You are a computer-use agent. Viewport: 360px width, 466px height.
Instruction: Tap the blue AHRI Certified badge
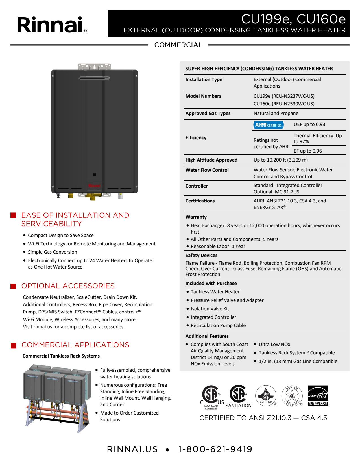268,125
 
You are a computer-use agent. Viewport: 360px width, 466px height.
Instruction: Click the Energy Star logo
318,396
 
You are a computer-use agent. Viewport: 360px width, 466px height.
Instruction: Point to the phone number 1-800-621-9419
215,449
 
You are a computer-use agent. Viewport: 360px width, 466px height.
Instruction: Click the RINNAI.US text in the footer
132,449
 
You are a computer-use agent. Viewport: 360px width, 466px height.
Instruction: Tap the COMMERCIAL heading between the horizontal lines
178,45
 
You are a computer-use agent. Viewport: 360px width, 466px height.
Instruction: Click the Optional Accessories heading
68,286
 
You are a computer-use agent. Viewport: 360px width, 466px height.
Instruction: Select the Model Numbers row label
203,96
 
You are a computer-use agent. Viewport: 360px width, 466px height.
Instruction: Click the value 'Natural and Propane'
276,113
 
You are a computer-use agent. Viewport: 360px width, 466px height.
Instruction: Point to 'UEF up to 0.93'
309,124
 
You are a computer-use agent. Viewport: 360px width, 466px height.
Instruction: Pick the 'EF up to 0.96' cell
308,151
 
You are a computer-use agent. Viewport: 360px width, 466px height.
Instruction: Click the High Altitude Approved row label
211,160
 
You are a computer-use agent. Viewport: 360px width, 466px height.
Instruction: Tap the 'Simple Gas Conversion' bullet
52,252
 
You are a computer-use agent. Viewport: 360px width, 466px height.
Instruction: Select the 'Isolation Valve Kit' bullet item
210,309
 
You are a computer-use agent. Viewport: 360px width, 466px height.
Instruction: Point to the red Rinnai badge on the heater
94,186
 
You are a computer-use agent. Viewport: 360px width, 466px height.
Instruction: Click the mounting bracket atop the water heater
94,67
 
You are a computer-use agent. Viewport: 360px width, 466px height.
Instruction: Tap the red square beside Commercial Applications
13,345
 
